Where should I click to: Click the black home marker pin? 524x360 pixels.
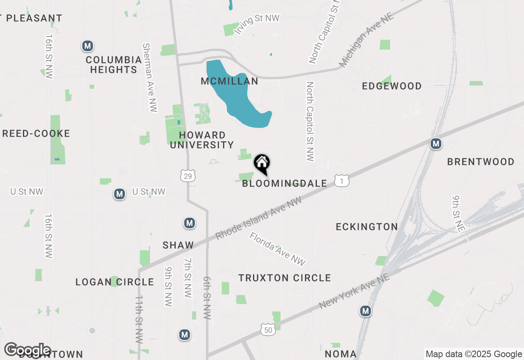(262, 164)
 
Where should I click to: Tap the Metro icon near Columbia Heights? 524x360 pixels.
(87, 46)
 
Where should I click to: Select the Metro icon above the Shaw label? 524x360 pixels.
(189, 223)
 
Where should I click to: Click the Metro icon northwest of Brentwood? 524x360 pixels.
(436, 144)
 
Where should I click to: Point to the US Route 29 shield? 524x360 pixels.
(188, 175)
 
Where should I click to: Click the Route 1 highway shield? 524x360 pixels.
(341, 180)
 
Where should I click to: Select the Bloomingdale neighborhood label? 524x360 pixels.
(285, 183)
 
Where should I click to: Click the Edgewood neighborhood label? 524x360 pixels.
(392, 86)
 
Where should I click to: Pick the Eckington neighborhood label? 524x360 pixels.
(367, 227)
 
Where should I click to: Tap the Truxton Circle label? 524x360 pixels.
(285, 278)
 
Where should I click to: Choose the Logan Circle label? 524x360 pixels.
(115, 282)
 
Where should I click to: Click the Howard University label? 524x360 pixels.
(202, 140)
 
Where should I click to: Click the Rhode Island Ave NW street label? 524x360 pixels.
(258, 218)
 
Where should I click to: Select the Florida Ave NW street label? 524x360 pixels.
(278, 249)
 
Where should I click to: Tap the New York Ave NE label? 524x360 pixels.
(354, 291)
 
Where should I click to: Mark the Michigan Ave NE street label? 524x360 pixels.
(366, 40)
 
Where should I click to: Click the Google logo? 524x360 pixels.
(27, 350)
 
